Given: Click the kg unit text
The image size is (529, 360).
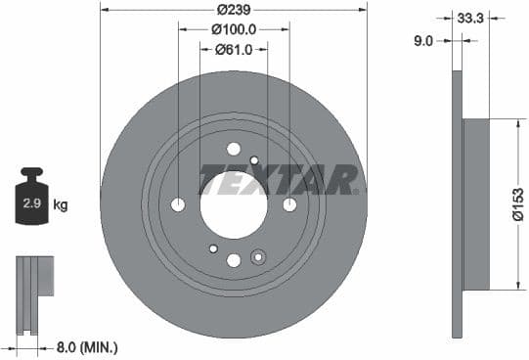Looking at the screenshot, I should tap(61, 205).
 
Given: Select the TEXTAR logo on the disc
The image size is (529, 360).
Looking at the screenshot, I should tap(280, 179).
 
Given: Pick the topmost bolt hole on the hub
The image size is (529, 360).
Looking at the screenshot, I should tap(234, 149).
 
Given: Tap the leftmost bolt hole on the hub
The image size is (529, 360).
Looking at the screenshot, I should tap(178, 204).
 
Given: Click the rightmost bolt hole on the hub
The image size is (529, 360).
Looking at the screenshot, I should tap(289, 204).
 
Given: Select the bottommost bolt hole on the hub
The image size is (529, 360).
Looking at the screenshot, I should tap(234, 260).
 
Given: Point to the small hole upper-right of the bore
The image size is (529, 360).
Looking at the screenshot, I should tap(254, 160).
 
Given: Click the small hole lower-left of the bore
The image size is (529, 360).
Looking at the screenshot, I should tap(213, 248).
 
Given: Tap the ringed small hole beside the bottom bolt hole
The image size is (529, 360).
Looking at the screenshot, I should tap(258, 257).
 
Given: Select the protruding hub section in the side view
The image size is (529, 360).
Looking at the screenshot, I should tap(475, 204).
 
